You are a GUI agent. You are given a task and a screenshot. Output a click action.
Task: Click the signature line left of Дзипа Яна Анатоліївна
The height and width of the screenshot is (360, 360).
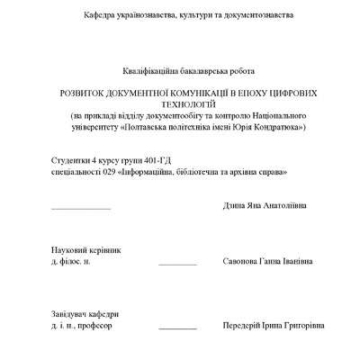(x=81, y=208)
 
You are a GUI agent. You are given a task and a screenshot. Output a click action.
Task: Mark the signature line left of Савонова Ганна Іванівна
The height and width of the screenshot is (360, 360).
(x=177, y=264)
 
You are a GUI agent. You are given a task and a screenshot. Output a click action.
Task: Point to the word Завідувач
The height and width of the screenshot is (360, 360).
(x=72, y=315)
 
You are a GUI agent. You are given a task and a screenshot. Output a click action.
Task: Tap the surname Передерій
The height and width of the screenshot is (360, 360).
(x=244, y=326)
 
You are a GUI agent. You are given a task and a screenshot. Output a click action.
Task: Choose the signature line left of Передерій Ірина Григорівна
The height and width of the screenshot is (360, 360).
(x=177, y=328)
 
